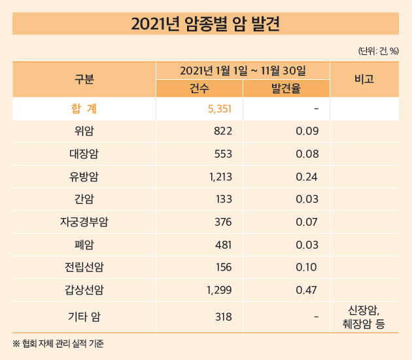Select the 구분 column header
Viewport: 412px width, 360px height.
pyautogui.click(x=84, y=79)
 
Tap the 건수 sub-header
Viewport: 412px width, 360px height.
pyautogui.click(x=199, y=89)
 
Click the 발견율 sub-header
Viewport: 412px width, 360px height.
pyautogui.click(x=286, y=89)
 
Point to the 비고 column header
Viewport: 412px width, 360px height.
pyautogui.click(x=364, y=79)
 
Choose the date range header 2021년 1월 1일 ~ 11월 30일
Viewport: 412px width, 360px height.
pyautogui.click(x=243, y=70)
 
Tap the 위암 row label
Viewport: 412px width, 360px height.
pyautogui.click(x=84, y=132)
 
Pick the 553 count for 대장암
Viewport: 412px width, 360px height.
pyautogui.click(x=223, y=154)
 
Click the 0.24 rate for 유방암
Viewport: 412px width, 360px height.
pyautogui.click(x=307, y=177)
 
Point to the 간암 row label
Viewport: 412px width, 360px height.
pyautogui.click(x=84, y=200)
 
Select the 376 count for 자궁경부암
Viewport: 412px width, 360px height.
pyautogui.click(x=223, y=222)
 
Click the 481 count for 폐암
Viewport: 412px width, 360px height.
pyautogui.click(x=223, y=245)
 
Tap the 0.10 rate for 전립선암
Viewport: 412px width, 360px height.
pyautogui.click(x=307, y=267)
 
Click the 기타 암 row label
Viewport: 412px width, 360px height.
pyautogui.click(x=84, y=317)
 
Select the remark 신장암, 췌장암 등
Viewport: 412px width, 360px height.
pyautogui.click(x=364, y=317)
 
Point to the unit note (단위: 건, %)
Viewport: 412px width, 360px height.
pyautogui.click(x=378, y=50)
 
